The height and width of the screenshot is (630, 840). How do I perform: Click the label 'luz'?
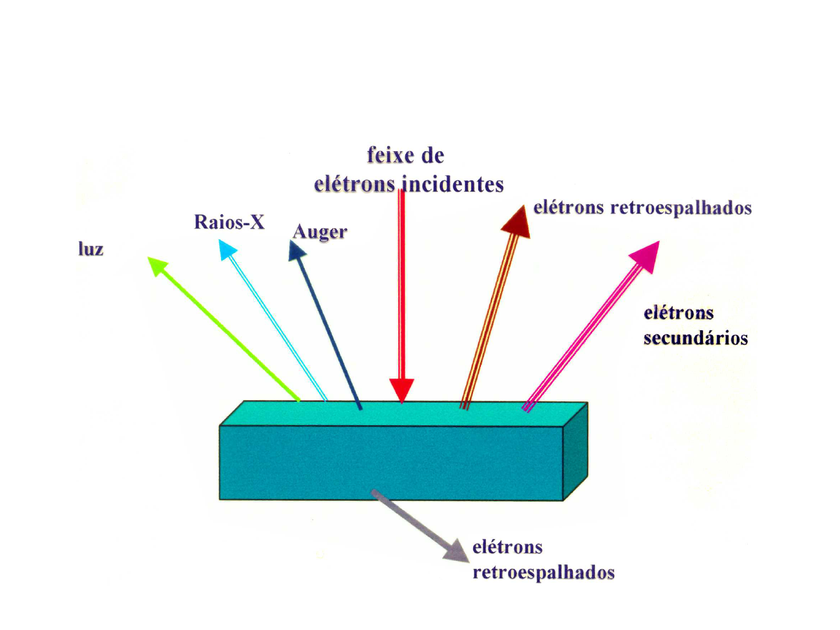[x=91, y=249]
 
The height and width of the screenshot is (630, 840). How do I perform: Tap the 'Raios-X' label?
[x=229, y=222]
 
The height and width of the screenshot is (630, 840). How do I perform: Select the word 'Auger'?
[x=320, y=232]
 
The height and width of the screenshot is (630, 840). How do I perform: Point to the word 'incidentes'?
[x=453, y=184]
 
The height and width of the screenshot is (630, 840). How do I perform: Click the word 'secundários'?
[x=695, y=338]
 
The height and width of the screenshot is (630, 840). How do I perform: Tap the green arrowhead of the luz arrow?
[x=156, y=265]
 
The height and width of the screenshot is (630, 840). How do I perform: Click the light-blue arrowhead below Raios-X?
[x=227, y=250]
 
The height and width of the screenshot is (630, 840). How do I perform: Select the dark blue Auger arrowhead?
[x=296, y=251]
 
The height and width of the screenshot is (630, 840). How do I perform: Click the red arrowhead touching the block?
[x=401, y=389]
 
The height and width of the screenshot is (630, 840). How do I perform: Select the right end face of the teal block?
[x=575, y=450]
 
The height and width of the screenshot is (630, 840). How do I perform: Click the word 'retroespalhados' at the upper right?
[x=680, y=208]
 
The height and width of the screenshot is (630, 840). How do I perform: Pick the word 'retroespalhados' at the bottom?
[x=543, y=573]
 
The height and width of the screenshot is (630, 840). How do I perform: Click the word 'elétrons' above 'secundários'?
[x=678, y=313]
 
